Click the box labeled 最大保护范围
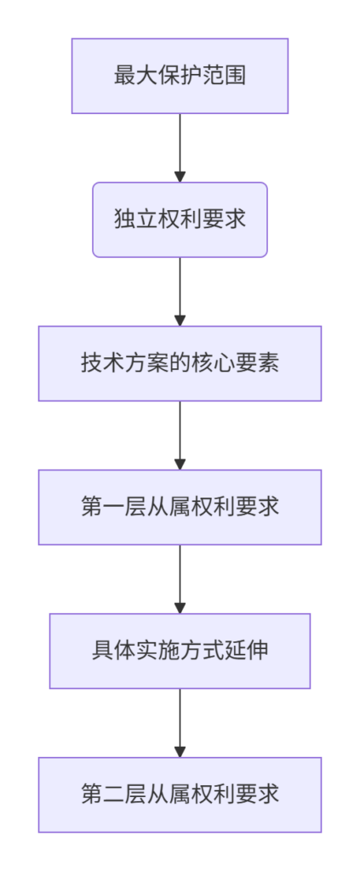point(180,76)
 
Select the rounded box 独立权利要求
point(180,220)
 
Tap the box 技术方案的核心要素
point(180,364)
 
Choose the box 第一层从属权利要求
point(180,507)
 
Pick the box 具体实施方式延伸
point(180,651)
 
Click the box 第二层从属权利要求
point(180,795)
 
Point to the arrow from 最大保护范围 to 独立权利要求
point(180,148)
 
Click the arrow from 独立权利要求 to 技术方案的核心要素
point(180,293)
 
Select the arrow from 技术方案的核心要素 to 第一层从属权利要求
point(180,435)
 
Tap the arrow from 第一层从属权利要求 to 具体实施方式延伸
point(180,579)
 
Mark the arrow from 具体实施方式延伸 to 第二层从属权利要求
point(180,723)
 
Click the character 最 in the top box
point(123,76)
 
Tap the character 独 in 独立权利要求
point(123,220)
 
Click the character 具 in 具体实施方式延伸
point(101,651)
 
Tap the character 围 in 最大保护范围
point(237,76)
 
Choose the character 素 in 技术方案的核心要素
point(269,364)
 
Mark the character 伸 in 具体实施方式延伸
point(259,651)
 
